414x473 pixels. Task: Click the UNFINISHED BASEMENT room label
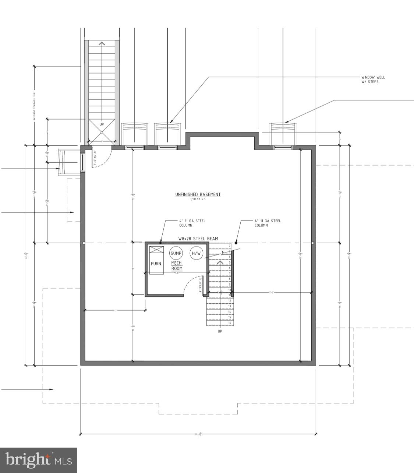[198, 194]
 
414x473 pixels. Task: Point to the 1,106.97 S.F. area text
[198, 199]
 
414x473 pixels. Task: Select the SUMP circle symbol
[176, 253]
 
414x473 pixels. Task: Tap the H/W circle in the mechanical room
[196, 253]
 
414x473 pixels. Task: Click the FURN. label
[156, 264]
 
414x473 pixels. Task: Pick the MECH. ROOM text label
[177, 266]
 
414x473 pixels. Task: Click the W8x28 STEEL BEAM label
[198, 239]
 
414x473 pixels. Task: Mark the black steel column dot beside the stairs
[236, 243]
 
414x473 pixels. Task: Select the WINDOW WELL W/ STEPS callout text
[373, 80]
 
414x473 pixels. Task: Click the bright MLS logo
[38, 460]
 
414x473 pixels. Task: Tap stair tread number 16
[229, 323]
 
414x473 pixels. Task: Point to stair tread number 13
[229, 306]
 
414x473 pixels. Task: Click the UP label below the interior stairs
[220, 331]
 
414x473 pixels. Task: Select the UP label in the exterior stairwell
[102, 124]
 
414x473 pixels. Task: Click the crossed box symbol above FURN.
[156, 250]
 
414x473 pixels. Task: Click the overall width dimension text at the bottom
[198, 434]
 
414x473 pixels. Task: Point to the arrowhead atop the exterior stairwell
[102, 43]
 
